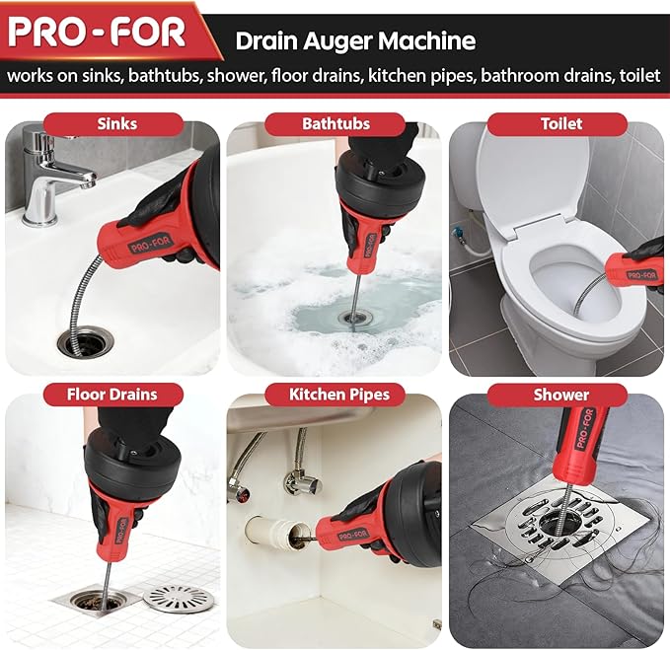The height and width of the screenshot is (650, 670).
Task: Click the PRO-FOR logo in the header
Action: tap(97, 33)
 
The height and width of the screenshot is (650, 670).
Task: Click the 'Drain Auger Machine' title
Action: tap(355, 41)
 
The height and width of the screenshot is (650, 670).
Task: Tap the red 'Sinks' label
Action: tap(117, 124)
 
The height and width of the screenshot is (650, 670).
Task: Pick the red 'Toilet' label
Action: tap(560, 124)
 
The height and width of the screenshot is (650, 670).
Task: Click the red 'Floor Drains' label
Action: tap(112, 395)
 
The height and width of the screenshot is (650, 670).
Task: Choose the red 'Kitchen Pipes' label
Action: tap(338, 395)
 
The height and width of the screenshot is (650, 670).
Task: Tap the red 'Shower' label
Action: tap(560, 395)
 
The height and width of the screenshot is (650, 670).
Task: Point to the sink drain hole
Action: tap(85, 343)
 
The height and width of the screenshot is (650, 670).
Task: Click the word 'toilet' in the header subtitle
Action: tap(638, 76)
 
